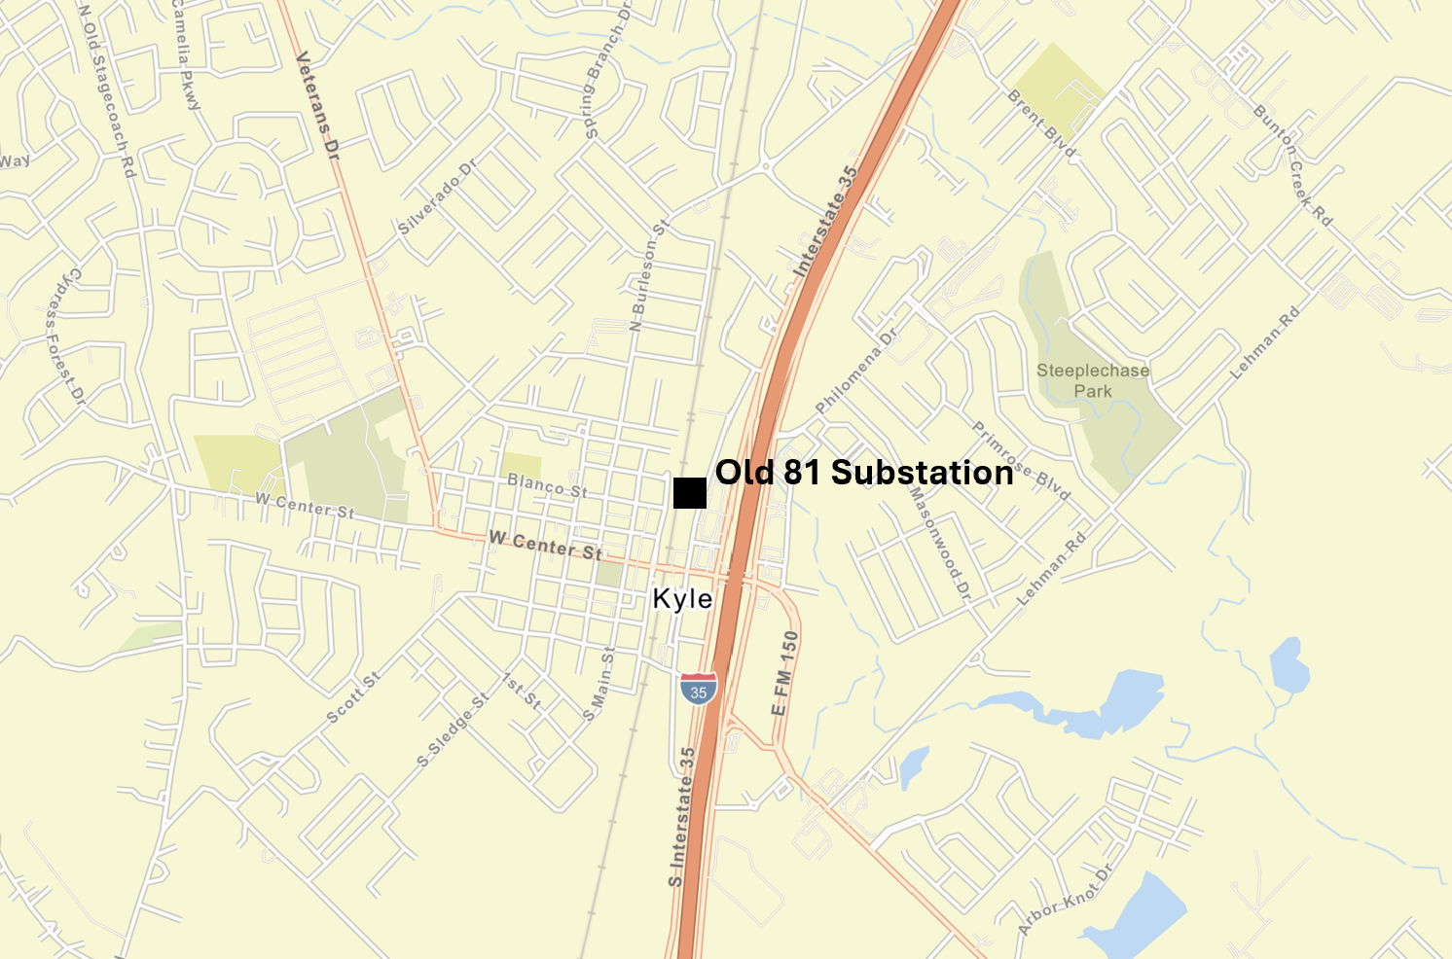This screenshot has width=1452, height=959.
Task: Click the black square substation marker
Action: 689,493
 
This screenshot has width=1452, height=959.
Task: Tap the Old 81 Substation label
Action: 864,473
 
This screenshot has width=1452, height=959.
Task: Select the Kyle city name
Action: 682,599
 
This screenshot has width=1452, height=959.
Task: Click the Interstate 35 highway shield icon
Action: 699,689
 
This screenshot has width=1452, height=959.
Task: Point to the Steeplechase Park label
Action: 1093,380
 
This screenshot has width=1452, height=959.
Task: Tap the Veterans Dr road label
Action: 318,106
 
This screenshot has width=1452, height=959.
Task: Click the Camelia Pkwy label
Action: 186,54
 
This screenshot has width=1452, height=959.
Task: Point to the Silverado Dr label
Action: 438,197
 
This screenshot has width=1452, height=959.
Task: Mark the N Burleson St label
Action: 649,276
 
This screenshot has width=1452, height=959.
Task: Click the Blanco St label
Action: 547,485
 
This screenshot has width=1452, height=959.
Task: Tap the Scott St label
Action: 353,698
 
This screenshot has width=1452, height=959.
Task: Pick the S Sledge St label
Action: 454,730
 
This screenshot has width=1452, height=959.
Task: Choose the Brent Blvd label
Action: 1042,124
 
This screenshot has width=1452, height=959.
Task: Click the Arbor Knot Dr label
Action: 1064,902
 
